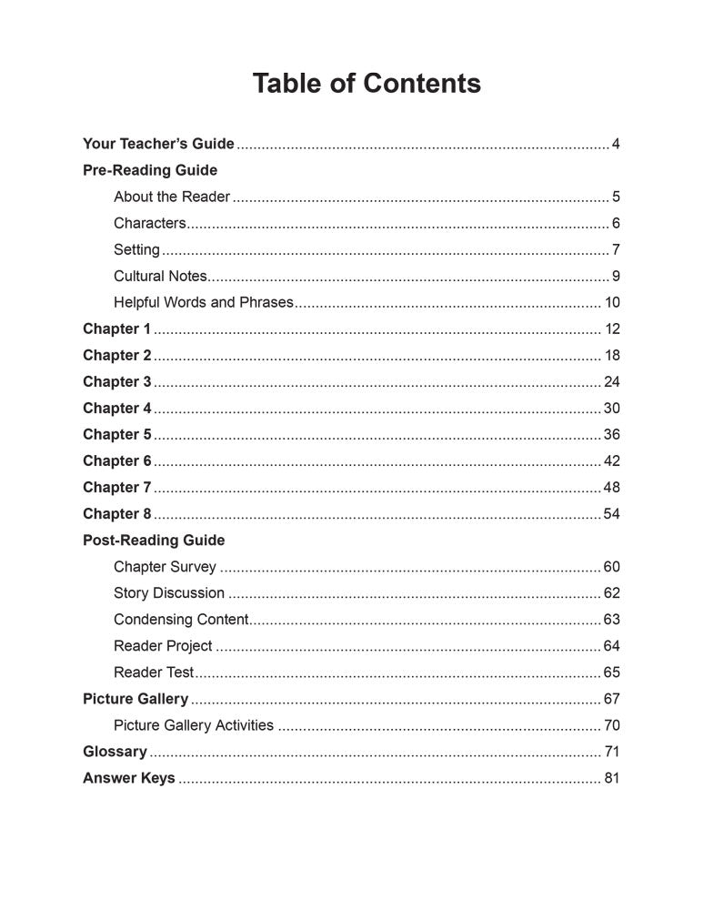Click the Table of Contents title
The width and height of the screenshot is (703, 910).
367,84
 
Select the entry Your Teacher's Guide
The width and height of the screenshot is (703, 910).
158,144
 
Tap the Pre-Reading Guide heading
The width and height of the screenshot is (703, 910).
150,170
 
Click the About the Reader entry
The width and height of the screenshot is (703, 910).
172,197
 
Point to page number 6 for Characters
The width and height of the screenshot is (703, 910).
616,223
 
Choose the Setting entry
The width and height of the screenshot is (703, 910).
136,249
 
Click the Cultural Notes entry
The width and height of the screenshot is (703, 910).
160,276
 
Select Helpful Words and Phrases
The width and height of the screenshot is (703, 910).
204,302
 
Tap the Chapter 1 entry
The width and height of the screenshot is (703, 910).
116,329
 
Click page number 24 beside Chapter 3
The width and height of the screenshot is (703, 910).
611,381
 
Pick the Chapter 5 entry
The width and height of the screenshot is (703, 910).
116,434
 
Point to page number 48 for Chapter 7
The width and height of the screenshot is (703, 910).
611,487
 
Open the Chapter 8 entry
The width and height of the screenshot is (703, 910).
116,513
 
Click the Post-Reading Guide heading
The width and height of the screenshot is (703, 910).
154,540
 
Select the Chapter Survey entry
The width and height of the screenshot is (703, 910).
165,567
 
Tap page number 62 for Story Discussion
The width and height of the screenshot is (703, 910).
611,593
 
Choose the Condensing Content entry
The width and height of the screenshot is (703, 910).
181,620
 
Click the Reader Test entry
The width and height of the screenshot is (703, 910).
154,672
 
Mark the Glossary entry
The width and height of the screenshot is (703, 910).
115,752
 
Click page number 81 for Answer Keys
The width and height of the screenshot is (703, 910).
611,778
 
